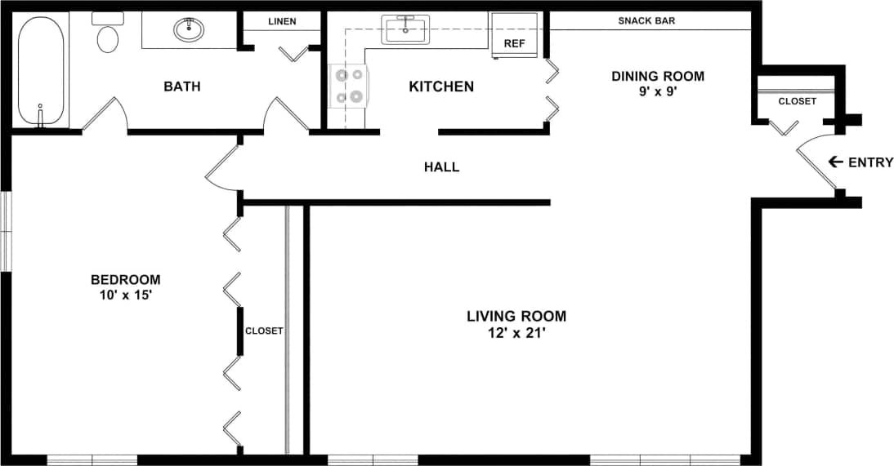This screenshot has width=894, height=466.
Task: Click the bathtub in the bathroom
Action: [x=41, y=72]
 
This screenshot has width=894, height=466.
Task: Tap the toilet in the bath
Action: [x=107, y=35]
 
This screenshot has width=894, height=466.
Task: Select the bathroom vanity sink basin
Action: [x=189, y=30]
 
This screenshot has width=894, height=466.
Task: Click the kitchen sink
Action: [x=405, y=31]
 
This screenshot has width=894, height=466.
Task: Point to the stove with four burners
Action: [x=349, y=86]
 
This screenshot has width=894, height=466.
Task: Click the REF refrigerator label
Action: [x=514, y=44]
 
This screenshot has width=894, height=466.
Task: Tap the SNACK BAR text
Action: [x=646, y=20]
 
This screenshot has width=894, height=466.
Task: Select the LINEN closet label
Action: [x=281, y=21]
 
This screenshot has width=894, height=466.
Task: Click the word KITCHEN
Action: [x=441, y=87]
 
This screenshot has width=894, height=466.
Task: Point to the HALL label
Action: [x=441, y=167]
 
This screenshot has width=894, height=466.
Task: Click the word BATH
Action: [x=181, y=87]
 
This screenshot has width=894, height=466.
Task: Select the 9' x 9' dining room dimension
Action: [x=658, y=92]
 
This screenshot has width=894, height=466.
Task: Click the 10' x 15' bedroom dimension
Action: [x=125, y=295]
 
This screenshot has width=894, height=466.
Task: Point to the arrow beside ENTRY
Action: [x=835, y=162]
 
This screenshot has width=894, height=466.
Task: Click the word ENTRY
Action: [x=871, y=162]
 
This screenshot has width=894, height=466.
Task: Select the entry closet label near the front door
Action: [x=796, y=101]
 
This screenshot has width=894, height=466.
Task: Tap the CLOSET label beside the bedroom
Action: [x=264, y=331]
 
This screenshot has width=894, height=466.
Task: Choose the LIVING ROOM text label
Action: [x=516, y=316]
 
